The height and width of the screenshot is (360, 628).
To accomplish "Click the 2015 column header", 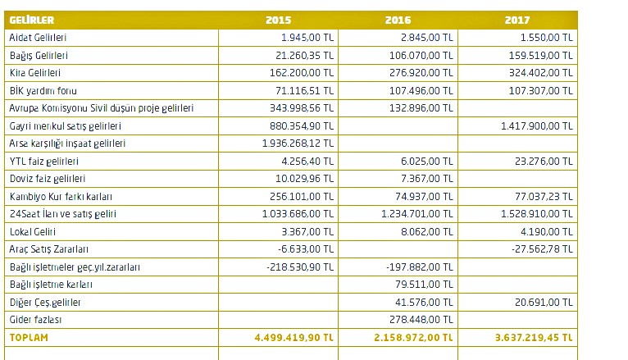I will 278,20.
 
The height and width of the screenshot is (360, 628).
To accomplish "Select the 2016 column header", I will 398,20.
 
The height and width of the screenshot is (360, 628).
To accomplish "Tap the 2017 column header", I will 517,20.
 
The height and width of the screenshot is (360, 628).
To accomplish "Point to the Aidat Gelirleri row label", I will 38,38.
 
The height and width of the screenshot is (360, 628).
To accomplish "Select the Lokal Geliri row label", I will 34,231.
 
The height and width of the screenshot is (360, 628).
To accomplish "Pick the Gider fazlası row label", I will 33,320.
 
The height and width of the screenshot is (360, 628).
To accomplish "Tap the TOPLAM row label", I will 27,337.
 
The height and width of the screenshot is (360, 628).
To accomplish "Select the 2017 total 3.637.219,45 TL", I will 534,337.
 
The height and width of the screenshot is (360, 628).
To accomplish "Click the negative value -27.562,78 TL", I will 541,249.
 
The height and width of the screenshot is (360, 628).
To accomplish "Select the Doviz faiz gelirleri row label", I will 48,179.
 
